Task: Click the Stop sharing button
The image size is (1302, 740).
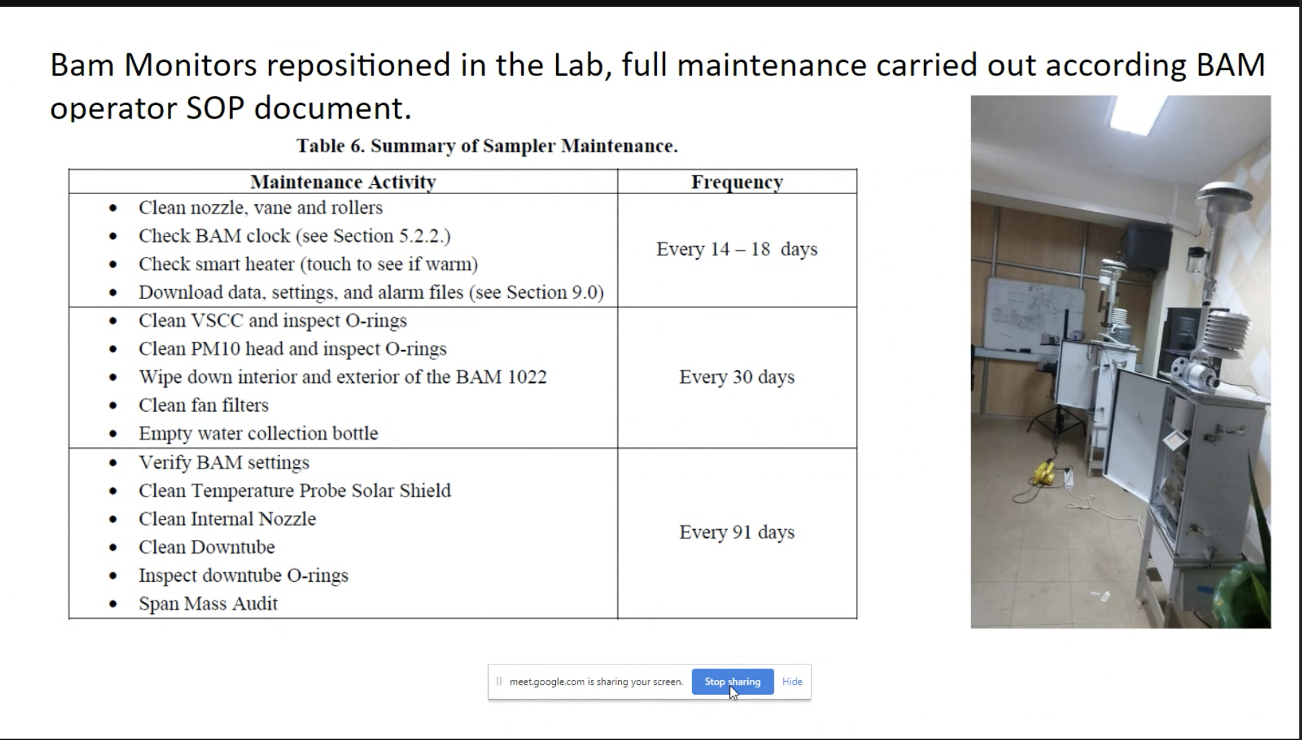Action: click(732, 681)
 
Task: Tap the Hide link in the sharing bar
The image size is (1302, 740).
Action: click(792, 681)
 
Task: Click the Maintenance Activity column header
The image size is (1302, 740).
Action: click(343, 182)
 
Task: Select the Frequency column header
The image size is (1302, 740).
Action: click(737, 182)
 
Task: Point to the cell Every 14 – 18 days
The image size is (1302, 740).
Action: click(737, 249)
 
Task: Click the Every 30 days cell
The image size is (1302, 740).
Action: click(737, 377)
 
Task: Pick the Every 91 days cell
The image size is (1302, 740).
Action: click(737, 532)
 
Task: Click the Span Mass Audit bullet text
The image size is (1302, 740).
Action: click(208, 603)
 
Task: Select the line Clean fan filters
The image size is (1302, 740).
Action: click(204, 405)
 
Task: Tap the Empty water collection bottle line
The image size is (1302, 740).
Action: click(258, 433)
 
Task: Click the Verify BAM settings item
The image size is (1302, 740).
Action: click(224, 462)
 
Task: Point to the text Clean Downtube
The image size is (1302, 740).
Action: click(206, 547)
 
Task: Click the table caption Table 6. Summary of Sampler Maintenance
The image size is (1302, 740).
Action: click(487, 146)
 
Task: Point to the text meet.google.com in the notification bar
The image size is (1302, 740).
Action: click(547, 681)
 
